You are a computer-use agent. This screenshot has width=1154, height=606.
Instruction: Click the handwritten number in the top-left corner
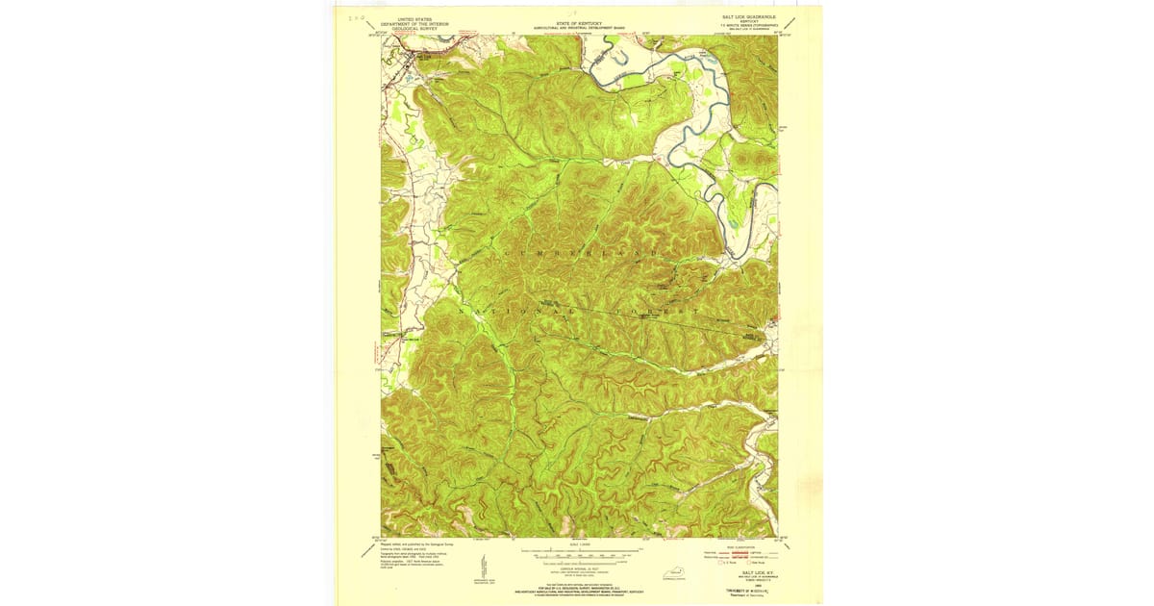coord(357,16)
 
